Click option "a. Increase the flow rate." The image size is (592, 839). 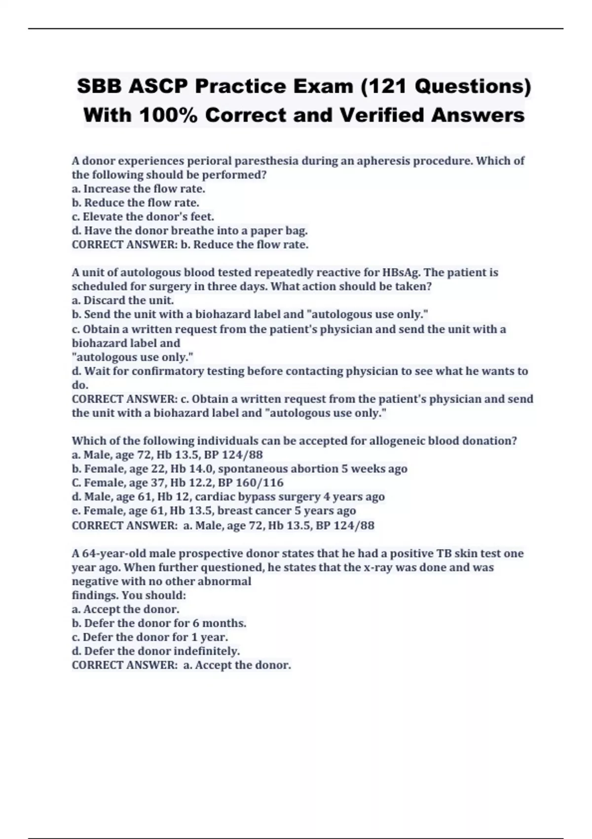click(x=138, y=189)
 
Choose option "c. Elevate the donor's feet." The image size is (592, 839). click(x=143, y=217)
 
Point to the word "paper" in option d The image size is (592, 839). click(x=266, y=230)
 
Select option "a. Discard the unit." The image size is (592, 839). click(x=122, y=300)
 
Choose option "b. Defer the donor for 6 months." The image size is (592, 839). click(x=159, y=623)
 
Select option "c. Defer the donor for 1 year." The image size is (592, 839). click(x=149, y=637)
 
